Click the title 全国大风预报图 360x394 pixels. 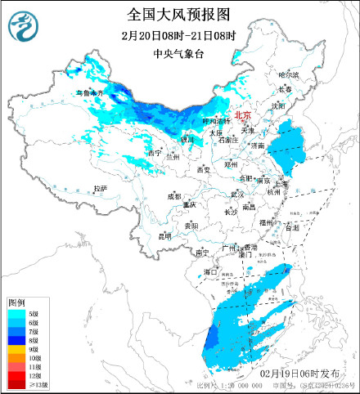[x=179, y=15]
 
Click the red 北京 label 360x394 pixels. [x=243, y=117]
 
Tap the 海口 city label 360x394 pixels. [x=210, y=271]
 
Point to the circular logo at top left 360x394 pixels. [x=22, y=28]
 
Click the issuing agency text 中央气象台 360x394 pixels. [x=179, y=54]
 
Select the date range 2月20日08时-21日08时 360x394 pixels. [x=179, y=36]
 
